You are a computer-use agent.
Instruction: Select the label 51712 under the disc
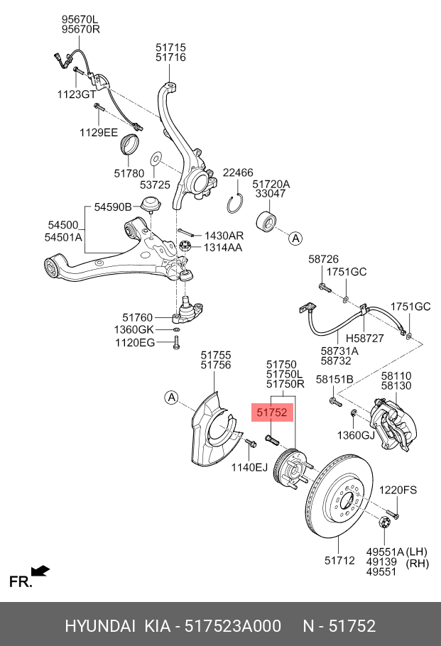(x=339, y=561)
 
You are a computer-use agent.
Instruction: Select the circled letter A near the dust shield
(x=171, y=398)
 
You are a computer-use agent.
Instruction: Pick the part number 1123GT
(x=76, y=94)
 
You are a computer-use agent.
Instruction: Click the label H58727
(x=364, y=339)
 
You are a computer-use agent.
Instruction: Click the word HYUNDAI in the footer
(x=100, y=625)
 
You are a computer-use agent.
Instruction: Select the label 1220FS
(x=397, y=490)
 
